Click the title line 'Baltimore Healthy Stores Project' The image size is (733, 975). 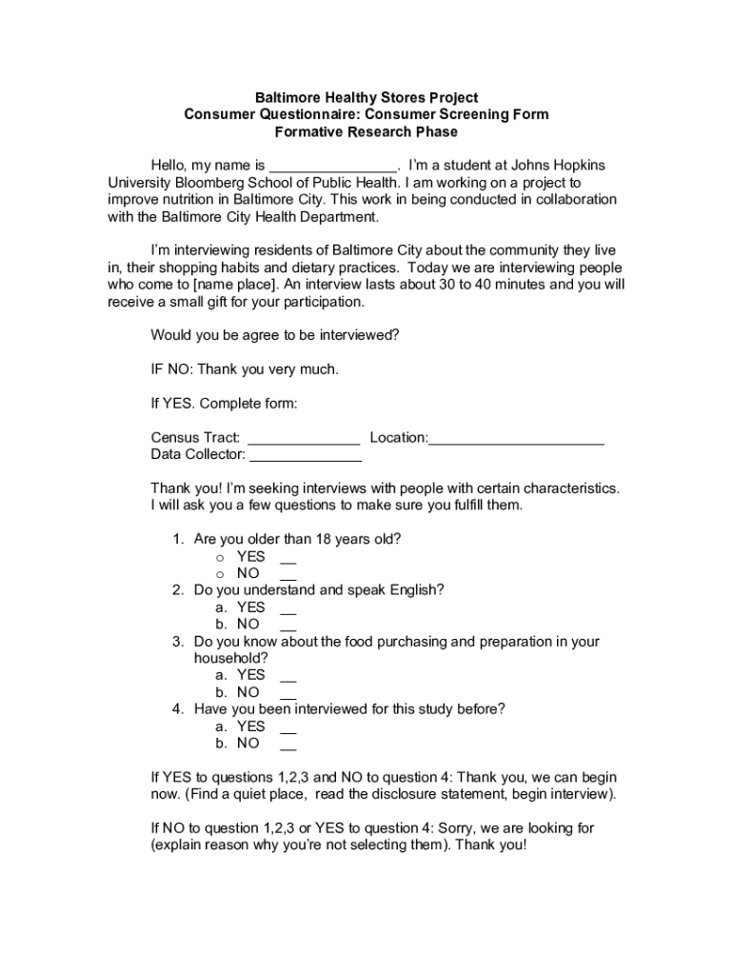tap(366, 98)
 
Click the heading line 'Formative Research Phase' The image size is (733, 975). tap(366, 131)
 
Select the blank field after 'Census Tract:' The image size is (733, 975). tap(305, 439)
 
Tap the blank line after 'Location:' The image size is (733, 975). tap(517, 439)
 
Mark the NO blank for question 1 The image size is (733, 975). tap(288, 575)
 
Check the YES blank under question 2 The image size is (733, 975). tap(288, 609)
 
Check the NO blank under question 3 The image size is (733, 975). tap(288, 694)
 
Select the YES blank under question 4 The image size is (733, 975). tap(288, 728)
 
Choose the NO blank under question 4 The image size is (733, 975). tap(288, 745)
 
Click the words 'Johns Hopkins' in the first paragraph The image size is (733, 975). tap(558, 166)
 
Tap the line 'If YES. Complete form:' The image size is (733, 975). tap(225, 404)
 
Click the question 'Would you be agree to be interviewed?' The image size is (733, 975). tap(275, 335)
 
